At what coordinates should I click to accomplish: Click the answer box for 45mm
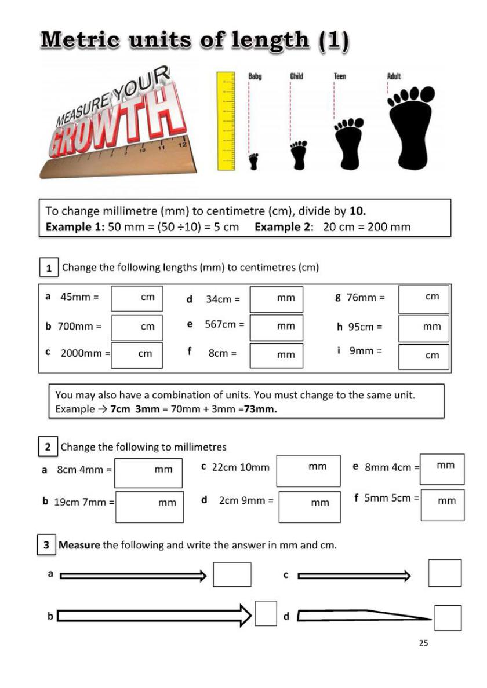click(x=137, y=298)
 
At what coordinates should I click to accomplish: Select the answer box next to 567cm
click(x=276, y=327)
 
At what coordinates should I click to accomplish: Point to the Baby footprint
click(x=253, y=162)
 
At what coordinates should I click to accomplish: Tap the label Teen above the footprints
click(x=340, y=76)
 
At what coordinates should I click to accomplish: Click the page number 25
click(x=423, y=643)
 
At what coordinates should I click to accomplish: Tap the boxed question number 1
click(x=49, y=268)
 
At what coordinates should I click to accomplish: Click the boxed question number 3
click(x=46, y=546)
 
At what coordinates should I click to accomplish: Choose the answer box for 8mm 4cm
click(x=442, y=469)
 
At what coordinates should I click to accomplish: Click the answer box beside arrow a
click(x=232, y=574)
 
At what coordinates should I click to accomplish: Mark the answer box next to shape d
click(x=448, y=618)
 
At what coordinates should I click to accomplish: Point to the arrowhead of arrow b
click(x=245, y=616)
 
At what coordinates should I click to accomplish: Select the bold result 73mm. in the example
click(x=260, y=409)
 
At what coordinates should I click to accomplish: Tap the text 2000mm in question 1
click(x=81, y=353)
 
